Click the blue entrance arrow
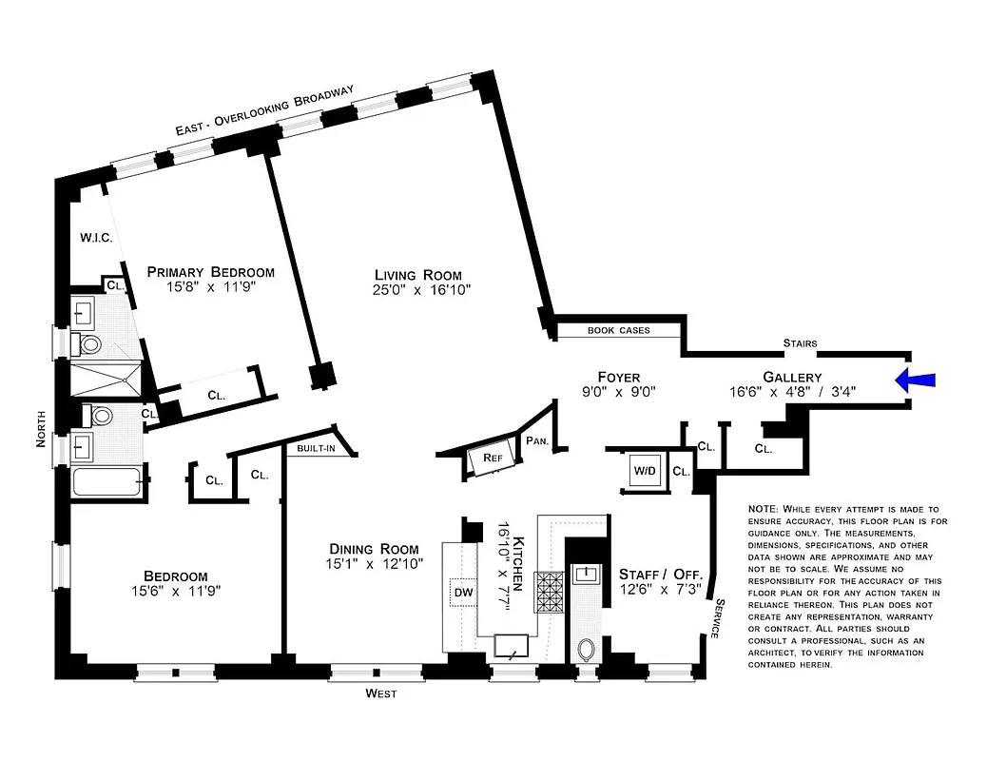pyautogui.click(x=915, y=380)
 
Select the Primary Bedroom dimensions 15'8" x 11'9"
pyautogui.click(x=210, y=286)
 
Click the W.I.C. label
pyautogui.click(x=96, y=238)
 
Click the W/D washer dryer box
pyautogui.click(x=644, y=470)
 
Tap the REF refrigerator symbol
pyautogui.click(x=492, y=458)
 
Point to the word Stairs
pyautogui.click(x=800, y=343)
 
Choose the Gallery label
pyautogui.click(x=792, y=377)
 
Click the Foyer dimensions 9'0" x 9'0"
pyautogui.click(x=618, y=391)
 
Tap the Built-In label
pyautogui.click(x=315, y=449)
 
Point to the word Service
pyautogui.click(x=719, y=617)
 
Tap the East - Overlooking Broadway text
pyautogui.click(x=264, y=112)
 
